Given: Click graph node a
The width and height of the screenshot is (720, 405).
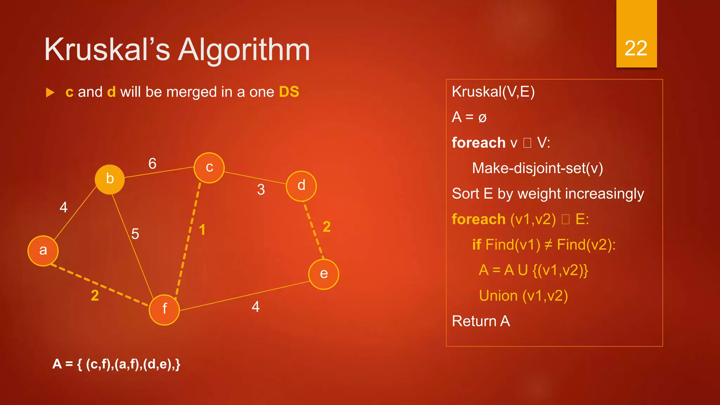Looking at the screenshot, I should [x=43, y=251].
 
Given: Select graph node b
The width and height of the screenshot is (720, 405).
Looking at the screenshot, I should [x=110, y=179].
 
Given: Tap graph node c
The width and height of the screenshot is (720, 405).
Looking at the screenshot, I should [x=209, y=168].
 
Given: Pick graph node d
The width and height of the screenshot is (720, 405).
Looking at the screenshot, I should [x=301, y=186].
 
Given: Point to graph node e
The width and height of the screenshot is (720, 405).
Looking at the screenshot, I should [x=323, y=274].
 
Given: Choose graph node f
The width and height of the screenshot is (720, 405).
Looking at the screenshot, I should [x=164, y=309].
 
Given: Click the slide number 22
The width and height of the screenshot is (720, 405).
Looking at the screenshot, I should [x=636, y=48].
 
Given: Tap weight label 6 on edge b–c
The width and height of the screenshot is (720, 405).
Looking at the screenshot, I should [x=152, y=163].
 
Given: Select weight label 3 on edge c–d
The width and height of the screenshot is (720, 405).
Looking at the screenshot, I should [x=261, y=190].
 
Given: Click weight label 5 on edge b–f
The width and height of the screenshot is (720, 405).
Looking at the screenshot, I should [x=135, y=234].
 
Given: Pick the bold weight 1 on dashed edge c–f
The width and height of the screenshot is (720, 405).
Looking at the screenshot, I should [x=202, y=230].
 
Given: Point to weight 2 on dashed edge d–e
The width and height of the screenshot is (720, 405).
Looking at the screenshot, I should [x=327, y=227].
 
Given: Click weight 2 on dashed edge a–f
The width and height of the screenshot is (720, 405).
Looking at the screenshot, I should [x=95, y=296].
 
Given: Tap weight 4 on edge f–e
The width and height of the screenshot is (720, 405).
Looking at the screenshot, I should [x=256, y=307].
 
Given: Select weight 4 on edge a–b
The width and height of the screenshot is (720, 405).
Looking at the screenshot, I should [x=64, y=207].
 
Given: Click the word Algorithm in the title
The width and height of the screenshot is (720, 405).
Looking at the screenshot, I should [x=244, y=50].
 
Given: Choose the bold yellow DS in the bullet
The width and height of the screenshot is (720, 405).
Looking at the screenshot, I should [x=289, y=92].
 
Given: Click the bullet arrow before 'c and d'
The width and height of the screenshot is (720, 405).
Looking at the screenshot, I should [x=50, y=93].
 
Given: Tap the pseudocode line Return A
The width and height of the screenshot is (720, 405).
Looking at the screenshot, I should [x=481, y=321].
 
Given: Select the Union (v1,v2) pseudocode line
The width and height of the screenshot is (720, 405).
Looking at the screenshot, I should [x=523, y=296].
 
